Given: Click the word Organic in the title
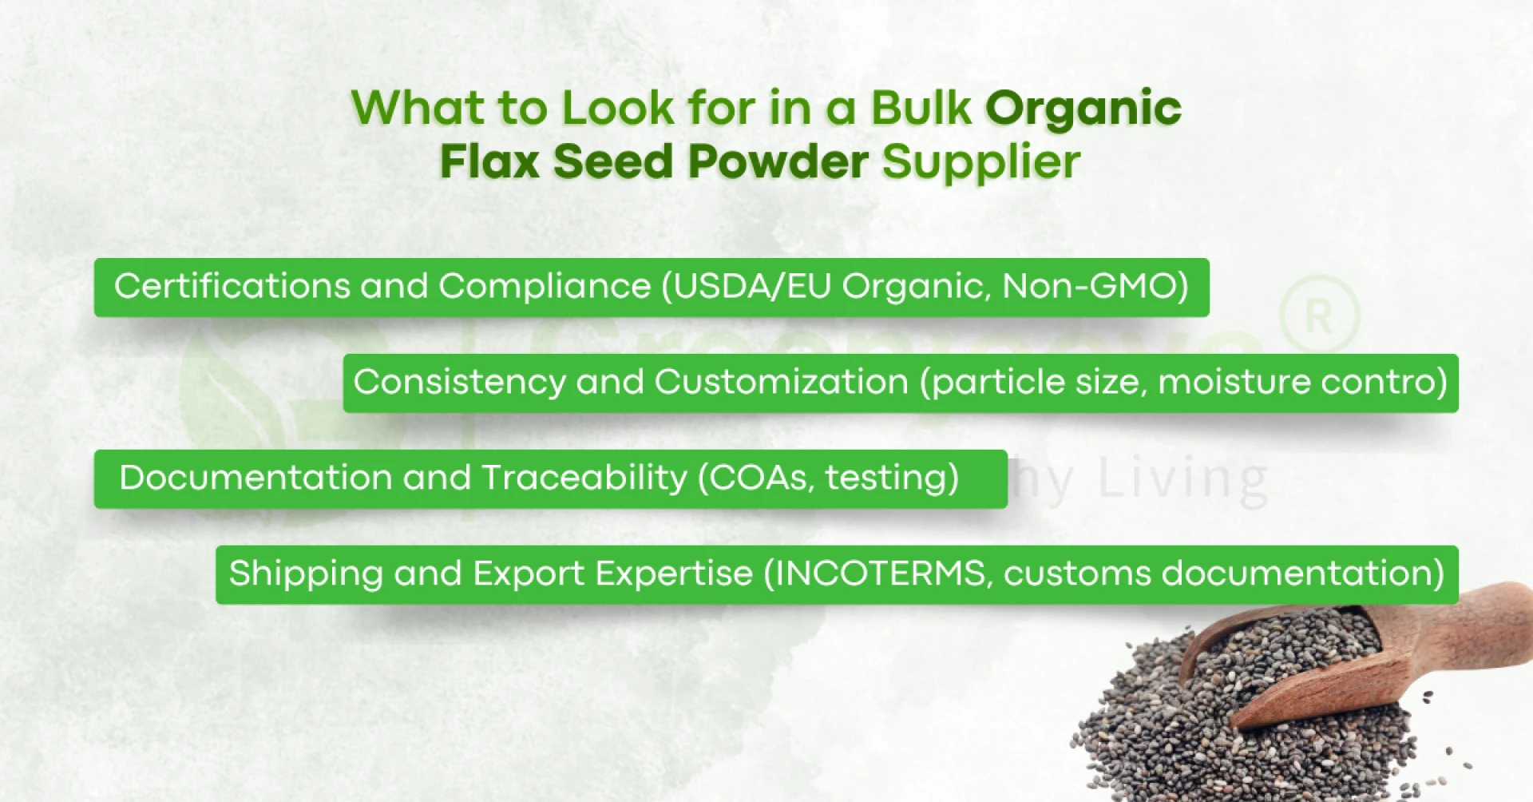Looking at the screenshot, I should pyautogui.click(x=1083, y=109).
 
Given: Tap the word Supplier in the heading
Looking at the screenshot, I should pyautogui.click(x=980, y=162).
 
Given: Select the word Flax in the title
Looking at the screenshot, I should pyautogui.click(x=489, y=162).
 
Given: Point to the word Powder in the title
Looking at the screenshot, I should pyautogui.click(x=778, y=162).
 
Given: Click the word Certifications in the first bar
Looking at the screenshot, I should pyautogui.click(x=232, y=286).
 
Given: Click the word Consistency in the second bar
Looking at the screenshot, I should pyautogui.click(x=459, y=382).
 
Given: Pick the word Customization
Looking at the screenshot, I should pyautogui.click(x=781, y=382).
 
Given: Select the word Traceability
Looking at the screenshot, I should pyautogui.click(x=584, y=478).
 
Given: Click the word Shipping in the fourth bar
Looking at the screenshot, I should pyautogui.click(x=306, y=574).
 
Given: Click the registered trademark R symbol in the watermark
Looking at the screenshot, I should pyautogui.click(x=1318, y=316).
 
